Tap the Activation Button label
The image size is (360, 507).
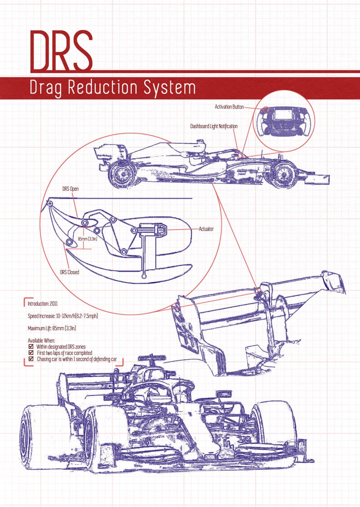(229, 107)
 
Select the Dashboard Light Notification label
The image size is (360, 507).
(214, 126)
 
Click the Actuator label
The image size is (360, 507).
(206, 229)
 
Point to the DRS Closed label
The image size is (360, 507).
(70, 272)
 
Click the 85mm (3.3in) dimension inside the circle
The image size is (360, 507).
(88, 239)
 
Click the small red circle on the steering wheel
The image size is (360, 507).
(266, 109)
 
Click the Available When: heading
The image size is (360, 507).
(41, 340)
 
